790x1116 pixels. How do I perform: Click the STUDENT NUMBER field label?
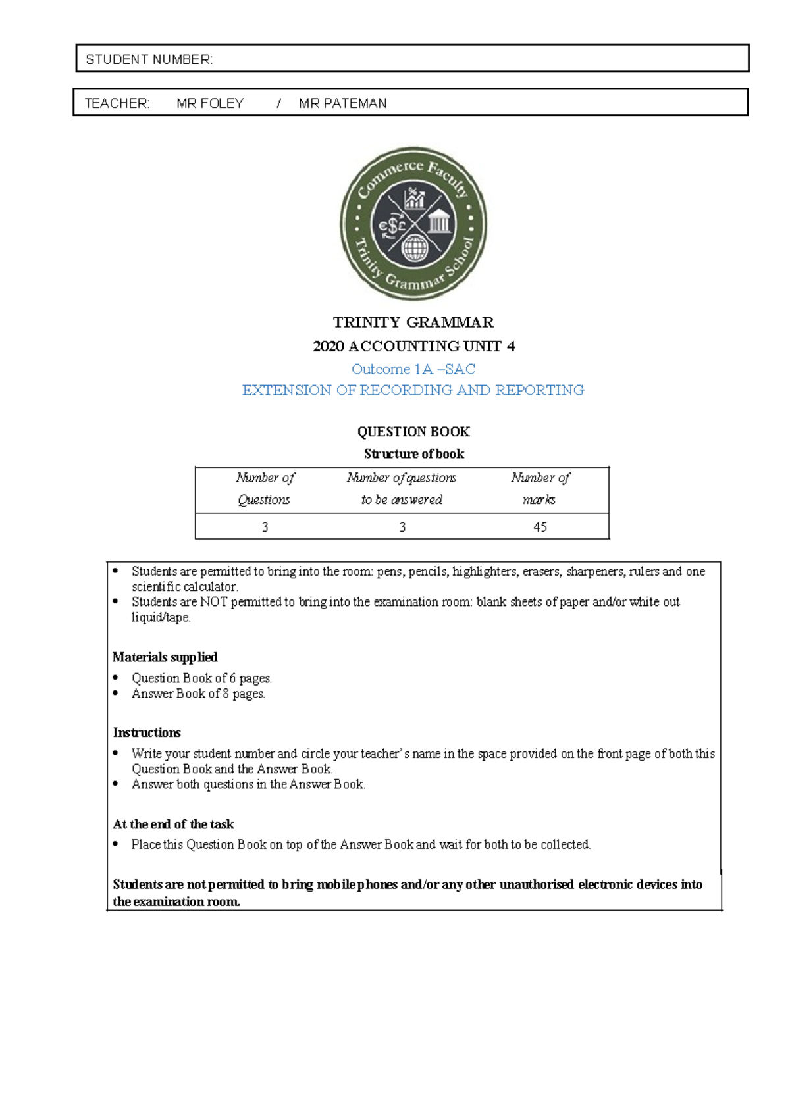click(x=149, y=59)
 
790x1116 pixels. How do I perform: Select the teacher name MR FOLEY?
click(x=210, y=103)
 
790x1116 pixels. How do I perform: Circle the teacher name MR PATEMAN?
click(x=342, y=103)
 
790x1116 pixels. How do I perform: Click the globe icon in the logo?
click(x=415, y=249)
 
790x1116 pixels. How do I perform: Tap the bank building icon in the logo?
click(x=438, y=222)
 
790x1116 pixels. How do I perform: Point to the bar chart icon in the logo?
click(x=415, y=199)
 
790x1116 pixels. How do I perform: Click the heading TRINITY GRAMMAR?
click(x=413, y=322)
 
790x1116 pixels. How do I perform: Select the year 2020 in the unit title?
click(x=329, y=346)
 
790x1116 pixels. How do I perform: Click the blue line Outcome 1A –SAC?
click(x=413, y=369)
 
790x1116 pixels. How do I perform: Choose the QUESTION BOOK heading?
click(x=413, y=432)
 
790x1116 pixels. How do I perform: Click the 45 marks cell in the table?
click(x=540, y=527)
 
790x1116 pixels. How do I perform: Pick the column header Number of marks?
click(x=540, y=488)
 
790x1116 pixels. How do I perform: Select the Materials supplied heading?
click(x=165, y=657)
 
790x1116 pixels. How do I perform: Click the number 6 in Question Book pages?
click(x=232, y=678)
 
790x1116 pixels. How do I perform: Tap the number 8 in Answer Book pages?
click(x=226, y=694)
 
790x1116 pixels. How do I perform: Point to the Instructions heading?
click(x=147, y=732)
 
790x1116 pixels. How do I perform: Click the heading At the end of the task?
click(x=173, y=824)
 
